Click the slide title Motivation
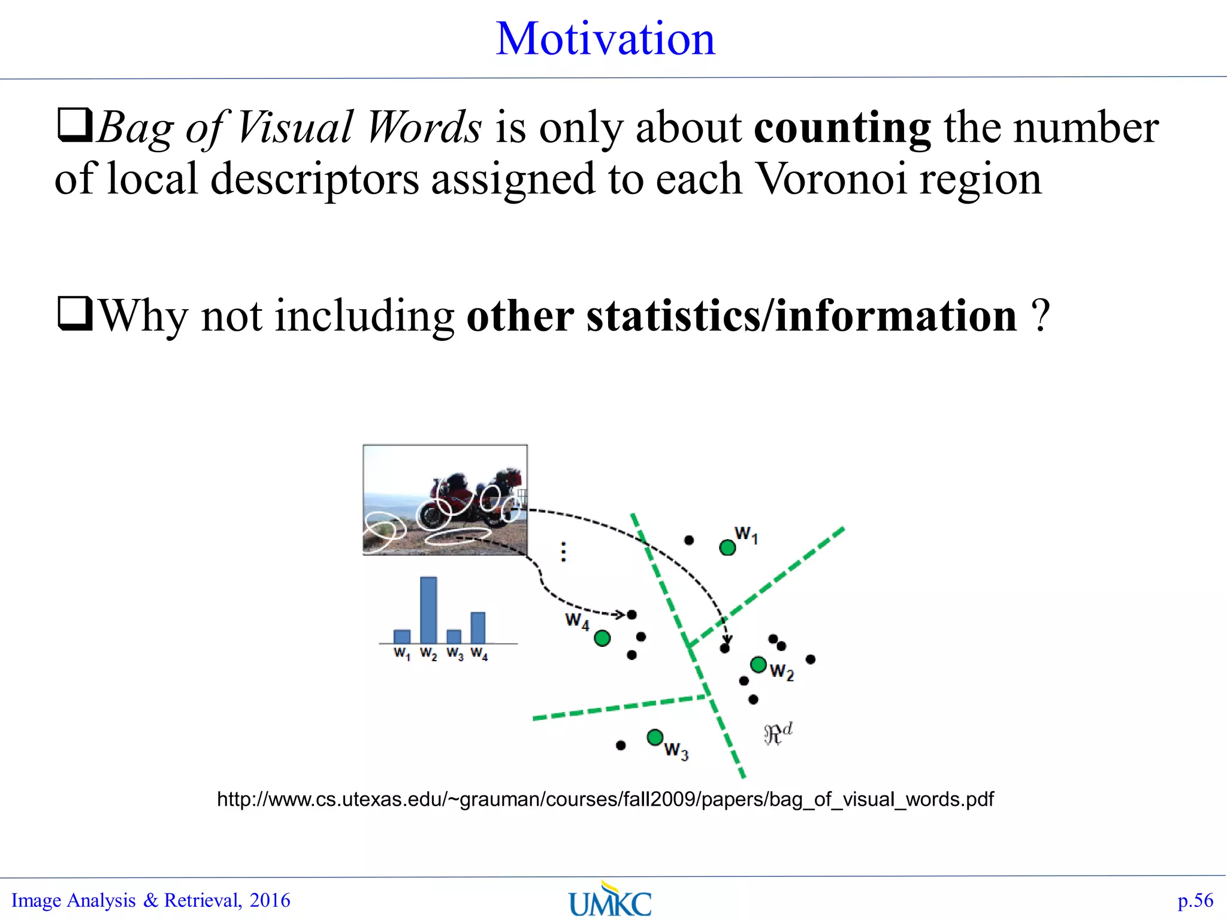(606, 39)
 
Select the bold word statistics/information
(742, 316)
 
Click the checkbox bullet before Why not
(74, 314)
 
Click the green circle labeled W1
(727, 547)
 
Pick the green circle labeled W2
(758, 664)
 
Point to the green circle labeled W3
(655, 737)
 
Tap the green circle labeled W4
(602, 638)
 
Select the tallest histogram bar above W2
(428, 610)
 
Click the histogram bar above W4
(478, 628)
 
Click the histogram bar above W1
(402, 636)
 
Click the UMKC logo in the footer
(610, 900)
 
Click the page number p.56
(1195, 900)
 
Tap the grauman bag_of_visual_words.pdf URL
(605, 800)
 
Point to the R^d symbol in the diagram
(778, 733)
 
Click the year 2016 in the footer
(270, 900)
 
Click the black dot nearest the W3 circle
(621, 745)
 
